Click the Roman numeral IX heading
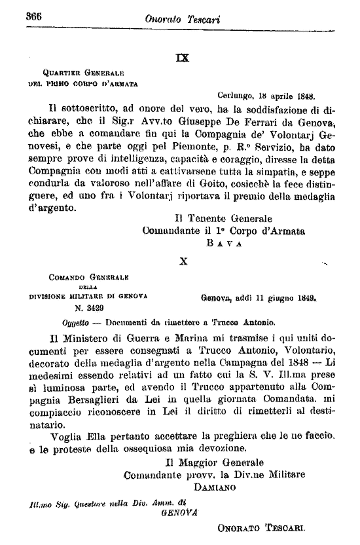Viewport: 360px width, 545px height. click(x=183, y=58)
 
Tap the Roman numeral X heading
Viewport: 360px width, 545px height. click(x=184, y=261)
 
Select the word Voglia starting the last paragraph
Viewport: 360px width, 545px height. click(x=67, y=436)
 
